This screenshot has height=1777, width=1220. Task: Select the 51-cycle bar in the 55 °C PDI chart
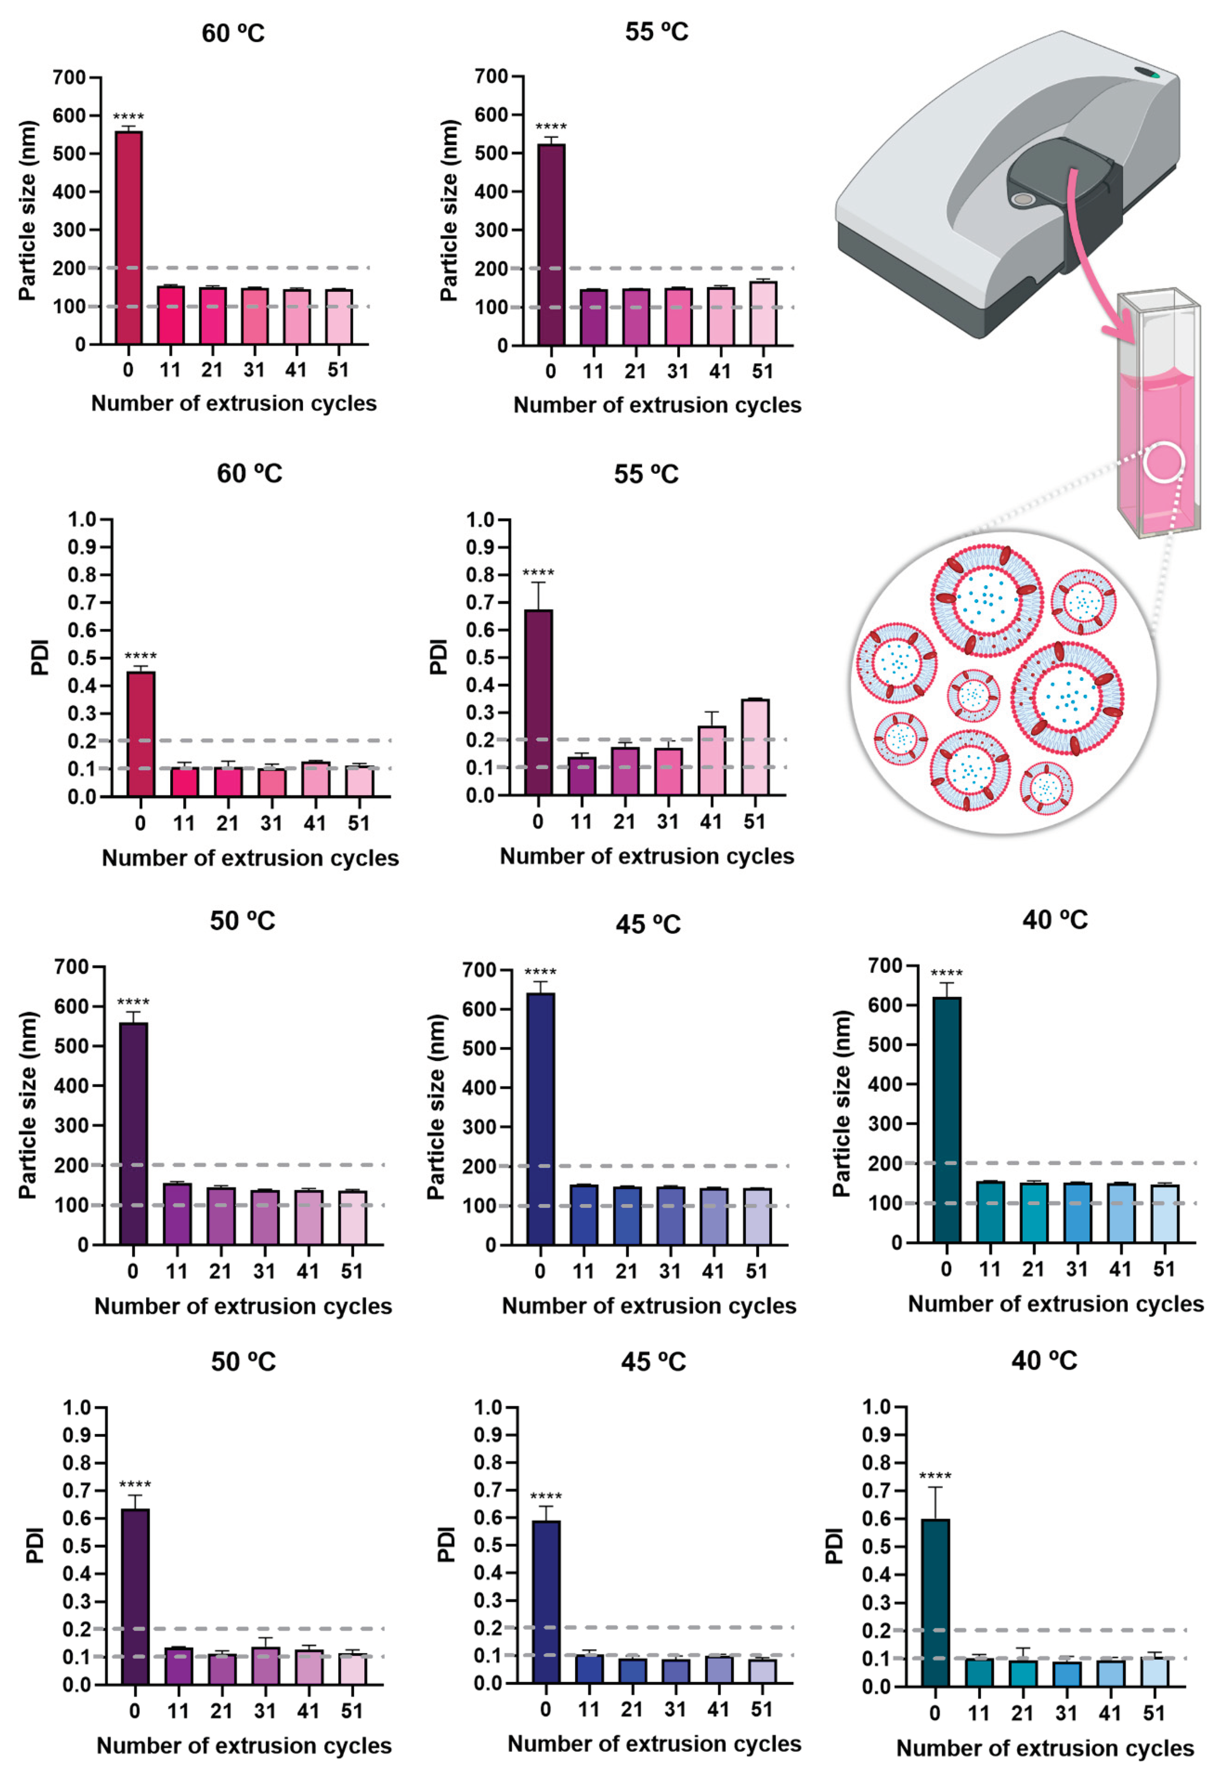755,747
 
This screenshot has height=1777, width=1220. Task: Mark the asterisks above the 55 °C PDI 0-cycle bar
538,573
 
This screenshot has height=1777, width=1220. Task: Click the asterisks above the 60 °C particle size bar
128,117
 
